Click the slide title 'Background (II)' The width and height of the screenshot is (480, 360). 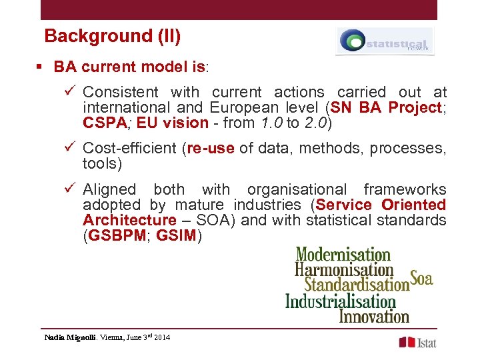click(112, 36)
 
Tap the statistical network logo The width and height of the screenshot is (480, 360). click(385, 41)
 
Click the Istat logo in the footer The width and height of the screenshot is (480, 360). click(417, 342)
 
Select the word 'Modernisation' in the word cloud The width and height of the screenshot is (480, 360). click(343, 254)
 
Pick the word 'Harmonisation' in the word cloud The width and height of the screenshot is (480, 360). click(344, 269)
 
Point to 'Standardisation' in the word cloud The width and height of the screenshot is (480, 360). click(356, 284)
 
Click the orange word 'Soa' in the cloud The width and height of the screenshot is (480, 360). click(421, 278)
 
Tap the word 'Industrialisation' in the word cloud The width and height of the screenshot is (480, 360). click(340, 301)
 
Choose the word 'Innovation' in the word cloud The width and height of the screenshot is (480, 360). click(374, 315)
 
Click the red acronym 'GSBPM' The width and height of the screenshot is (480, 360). click(116, 235)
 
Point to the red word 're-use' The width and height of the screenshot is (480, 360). click(211, 149)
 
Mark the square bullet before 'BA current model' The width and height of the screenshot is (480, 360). click(40, 67)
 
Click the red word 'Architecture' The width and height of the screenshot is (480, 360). click(129, 220)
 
